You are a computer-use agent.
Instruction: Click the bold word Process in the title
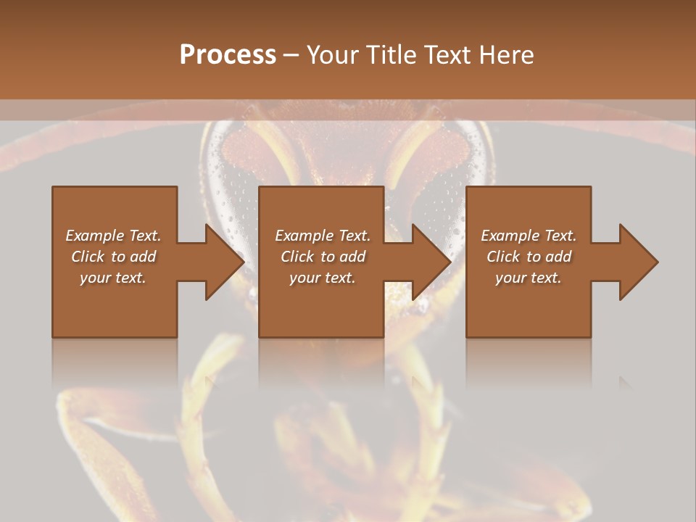[x=228, y=55]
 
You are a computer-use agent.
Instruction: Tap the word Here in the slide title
[x=507, y=55]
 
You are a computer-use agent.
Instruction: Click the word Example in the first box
[x=96, y=236]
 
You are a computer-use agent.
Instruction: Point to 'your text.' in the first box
[x=113, y=278]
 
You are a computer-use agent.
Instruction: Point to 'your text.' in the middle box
[x=322, y=278]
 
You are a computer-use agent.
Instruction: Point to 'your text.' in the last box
[x=529, y=278]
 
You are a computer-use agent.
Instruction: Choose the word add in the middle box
[x=352, y=257]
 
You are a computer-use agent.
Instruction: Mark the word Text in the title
[x=444, y=55]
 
